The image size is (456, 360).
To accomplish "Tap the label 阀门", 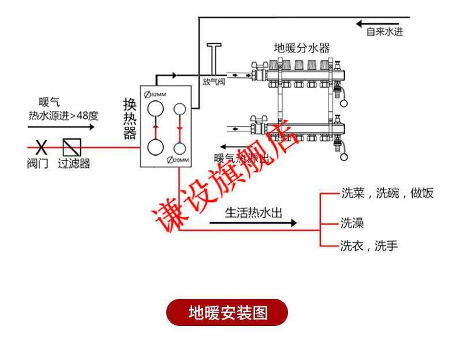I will click(x=38, y=163).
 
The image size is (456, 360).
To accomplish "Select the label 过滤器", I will click(x=74, y=163).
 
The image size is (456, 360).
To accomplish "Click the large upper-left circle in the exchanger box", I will click(x=155, y=110).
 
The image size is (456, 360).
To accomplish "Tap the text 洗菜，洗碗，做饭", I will click(x=387, y=193).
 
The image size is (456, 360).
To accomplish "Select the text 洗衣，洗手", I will click(x=369, y=246).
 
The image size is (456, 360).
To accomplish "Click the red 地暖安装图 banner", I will click(x=227, y=313).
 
